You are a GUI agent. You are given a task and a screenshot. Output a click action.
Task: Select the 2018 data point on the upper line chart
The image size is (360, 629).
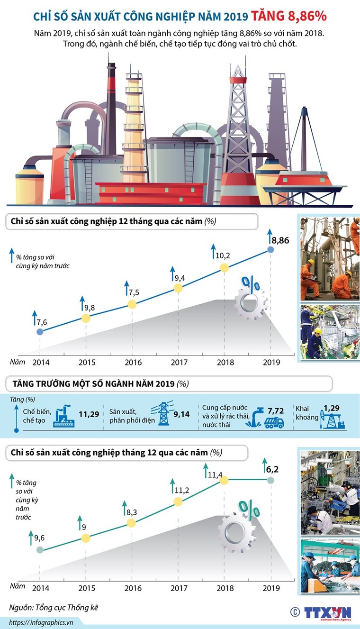coord(225,268)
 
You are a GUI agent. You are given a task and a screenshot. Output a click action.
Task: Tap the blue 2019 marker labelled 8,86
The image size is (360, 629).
coord(270,249)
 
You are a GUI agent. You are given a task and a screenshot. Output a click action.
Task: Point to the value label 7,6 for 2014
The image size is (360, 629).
coord(42,322)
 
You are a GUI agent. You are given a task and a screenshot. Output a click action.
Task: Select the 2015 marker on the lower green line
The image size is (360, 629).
coord(85,538)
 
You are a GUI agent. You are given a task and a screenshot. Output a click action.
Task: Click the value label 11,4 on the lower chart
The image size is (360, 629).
coord(214,471)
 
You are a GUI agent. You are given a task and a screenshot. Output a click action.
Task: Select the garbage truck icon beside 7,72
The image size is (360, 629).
coord(274,422)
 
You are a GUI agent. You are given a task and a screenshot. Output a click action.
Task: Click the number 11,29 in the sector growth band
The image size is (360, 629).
coord(89,414)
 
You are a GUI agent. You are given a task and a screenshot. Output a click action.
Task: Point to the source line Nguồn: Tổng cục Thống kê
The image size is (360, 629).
coord(55,607)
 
